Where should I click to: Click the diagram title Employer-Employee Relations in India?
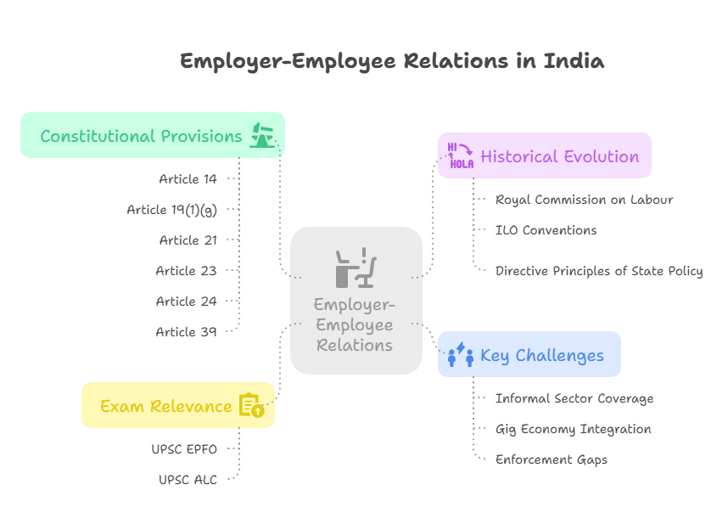pos(392,62)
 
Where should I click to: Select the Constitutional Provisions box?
pos(153,136)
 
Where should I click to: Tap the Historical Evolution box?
pos(545,156)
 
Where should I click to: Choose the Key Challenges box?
pos(529,355)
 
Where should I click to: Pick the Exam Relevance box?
pos(178,406)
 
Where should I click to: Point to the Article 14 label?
pos(188,179)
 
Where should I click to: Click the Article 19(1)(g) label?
pos(171,210)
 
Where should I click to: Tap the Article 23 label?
pos(187,271)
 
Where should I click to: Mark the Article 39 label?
pos(187,332)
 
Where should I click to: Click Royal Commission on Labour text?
pos(585,200)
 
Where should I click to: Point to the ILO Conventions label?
pos(546,230)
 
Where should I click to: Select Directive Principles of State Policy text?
pos(599,271)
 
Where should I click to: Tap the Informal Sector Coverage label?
pos(574,398)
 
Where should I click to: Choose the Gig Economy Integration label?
pos(574,429)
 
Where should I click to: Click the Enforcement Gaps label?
pos(552,460)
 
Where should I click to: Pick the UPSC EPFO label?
pos(184,449)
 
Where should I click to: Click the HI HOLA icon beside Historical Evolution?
pos(460,156)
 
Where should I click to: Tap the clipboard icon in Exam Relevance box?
pos(252,406)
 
